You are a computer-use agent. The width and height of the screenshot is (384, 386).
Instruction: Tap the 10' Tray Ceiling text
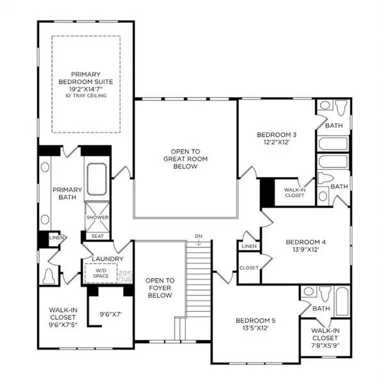85,96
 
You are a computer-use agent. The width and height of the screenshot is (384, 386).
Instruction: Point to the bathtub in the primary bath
98,180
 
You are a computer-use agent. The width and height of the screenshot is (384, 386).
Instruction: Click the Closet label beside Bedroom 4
248,268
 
